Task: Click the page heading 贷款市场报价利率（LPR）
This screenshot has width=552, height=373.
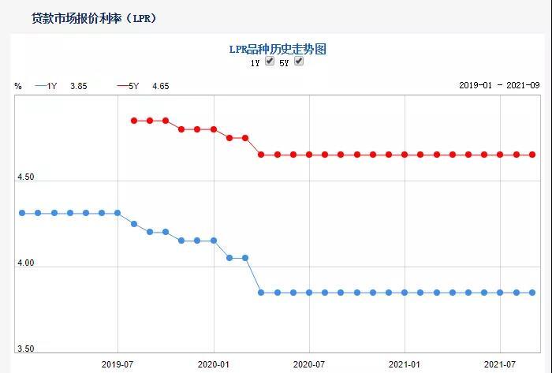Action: coord(93,17)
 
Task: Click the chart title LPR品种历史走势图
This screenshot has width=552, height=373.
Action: coord(277,49)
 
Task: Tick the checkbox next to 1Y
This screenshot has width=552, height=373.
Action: coord(270,62)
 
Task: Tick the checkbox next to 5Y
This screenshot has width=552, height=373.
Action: coord(299,62)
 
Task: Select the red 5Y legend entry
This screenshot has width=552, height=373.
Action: coord(143,86)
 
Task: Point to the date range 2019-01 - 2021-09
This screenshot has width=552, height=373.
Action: coord(498,86)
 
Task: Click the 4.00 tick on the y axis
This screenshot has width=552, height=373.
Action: coord(26,264)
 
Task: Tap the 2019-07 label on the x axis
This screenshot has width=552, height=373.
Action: coord(117,364)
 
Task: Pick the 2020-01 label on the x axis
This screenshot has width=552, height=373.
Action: coord(213,364)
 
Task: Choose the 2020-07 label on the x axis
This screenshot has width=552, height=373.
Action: coord(309,364)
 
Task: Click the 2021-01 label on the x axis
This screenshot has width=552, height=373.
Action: coord(405,364)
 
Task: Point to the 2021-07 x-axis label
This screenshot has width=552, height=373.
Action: coord(500,364)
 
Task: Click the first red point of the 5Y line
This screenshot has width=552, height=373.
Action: coord(134,121)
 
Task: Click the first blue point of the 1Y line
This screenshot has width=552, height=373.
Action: coord(22,213)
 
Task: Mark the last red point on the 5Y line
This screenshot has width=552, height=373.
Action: coord(532,155)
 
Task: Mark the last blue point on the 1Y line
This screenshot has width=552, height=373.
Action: coord(532,293)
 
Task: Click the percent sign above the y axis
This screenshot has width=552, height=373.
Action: coord(18,86)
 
